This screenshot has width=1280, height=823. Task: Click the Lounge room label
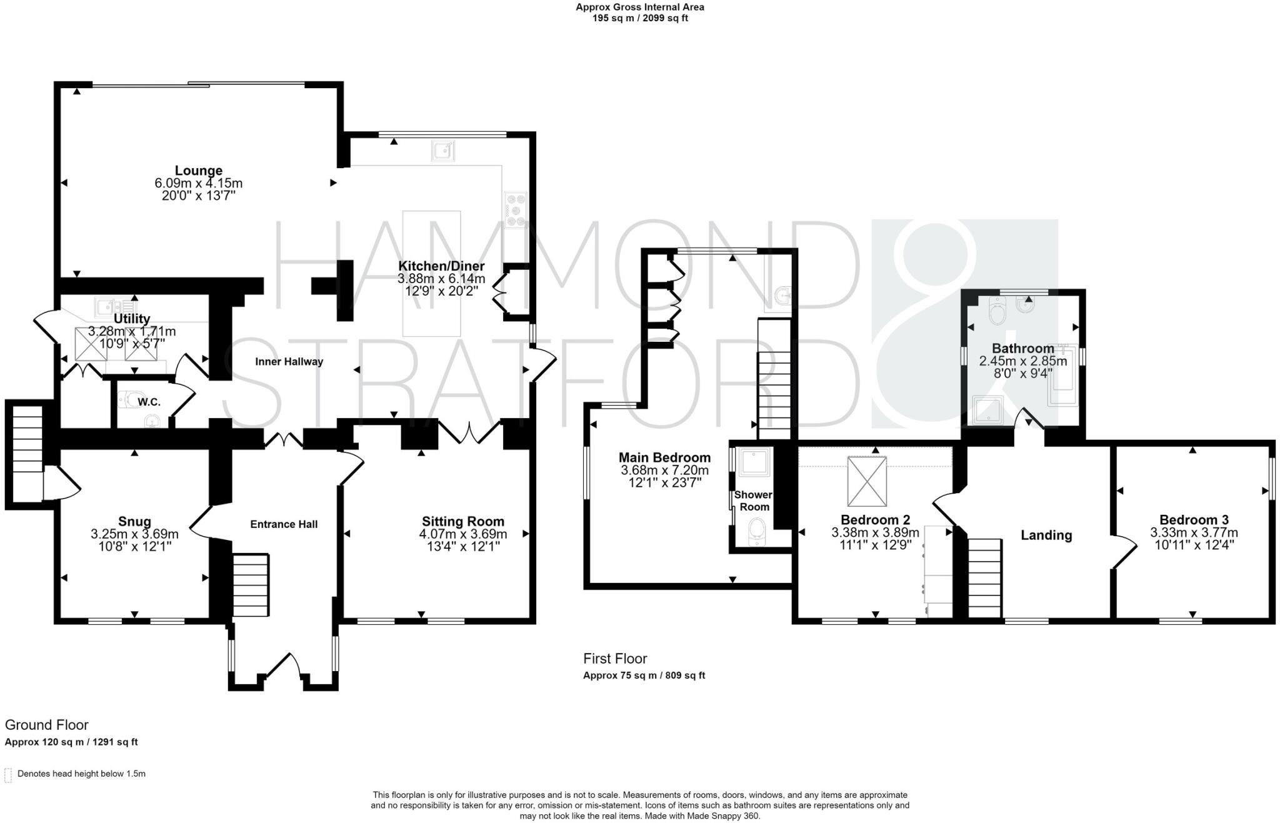[198, 171]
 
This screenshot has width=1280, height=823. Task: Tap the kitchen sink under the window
[442, 151]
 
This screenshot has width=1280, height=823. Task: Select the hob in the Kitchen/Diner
[516, 209]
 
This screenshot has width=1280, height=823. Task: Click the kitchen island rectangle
[431, 273]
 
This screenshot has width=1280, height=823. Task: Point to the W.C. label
[149, 402]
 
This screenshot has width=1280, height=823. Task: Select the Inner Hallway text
[289, 362]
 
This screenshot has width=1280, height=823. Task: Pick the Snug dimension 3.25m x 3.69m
[134, 534]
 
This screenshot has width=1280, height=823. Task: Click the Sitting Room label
[462, 521]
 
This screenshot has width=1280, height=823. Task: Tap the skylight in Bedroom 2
[867, 481]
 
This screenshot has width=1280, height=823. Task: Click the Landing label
[1046, 535]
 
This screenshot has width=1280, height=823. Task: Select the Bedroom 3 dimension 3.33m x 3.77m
[1194, 533]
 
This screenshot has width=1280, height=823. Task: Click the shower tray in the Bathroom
[988, 410]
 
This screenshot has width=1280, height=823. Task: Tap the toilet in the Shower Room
[757, 529]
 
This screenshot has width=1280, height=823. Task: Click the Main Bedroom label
[664, 457]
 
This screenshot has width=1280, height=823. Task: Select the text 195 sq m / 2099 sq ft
[640, 18]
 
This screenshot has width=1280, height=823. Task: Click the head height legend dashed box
[8, 775]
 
